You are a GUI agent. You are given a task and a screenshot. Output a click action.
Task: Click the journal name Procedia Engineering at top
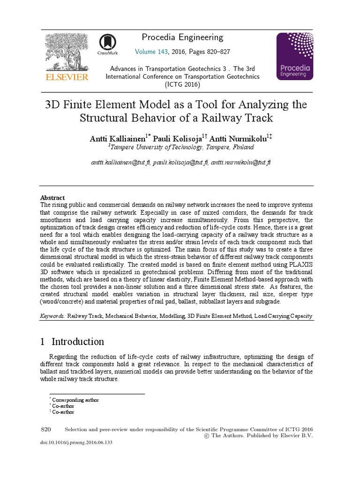tap(182, 37)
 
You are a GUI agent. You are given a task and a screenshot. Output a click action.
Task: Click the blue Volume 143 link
tap(152, 52)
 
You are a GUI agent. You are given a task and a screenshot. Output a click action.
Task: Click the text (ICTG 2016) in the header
tap(182, 84)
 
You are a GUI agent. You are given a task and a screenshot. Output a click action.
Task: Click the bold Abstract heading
tap(52, 198)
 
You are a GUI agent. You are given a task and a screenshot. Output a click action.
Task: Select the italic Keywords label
tap(52, 316)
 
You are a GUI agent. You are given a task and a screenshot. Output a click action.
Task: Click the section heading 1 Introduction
tap(72, 341)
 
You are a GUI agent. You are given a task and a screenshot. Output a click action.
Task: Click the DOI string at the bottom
tap(77, 442)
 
